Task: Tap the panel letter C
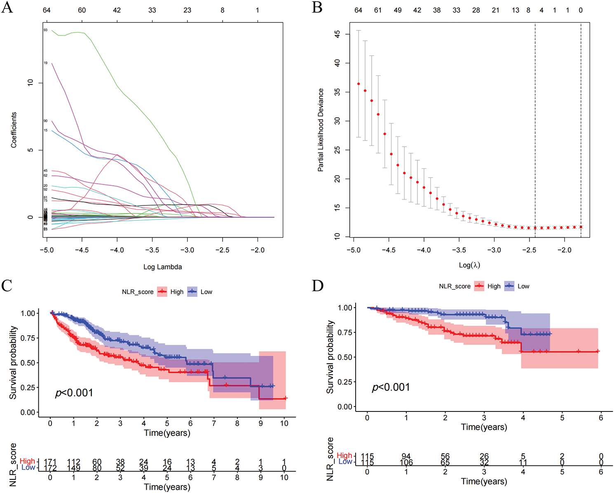[7, 285]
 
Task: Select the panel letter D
[318, 285]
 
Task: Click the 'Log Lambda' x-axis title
[162, 267]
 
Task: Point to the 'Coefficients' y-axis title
[14, 130]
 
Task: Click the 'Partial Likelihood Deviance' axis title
[321, 130]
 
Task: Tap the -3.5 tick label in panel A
[152, 250]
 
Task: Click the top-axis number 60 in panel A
[82, 10]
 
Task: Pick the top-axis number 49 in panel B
[398, 10]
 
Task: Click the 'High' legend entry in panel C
[177, 292]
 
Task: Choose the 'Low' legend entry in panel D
[523, 286]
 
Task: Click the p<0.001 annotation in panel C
[74, 393]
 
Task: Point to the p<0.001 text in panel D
[391, 388]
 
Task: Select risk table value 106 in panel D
[406, 463]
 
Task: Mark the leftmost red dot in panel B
[359, 84]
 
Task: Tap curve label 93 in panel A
[45, 30]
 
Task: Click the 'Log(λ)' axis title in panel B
[469, 265]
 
